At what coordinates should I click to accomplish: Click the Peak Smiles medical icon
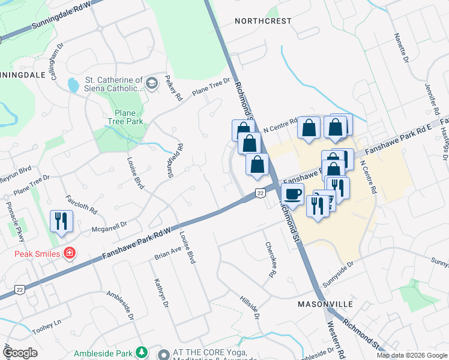(70, 253)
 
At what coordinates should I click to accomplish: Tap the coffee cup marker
(292, 194)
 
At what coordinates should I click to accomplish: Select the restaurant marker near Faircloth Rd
(61, 221)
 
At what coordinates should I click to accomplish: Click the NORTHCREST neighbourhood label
(263, 21)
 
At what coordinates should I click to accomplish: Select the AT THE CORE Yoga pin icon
(161, 353)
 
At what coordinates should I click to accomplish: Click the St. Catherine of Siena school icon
(152, 83)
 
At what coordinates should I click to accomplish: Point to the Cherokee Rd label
(271, 259)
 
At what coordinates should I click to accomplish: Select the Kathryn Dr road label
(160, 293)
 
